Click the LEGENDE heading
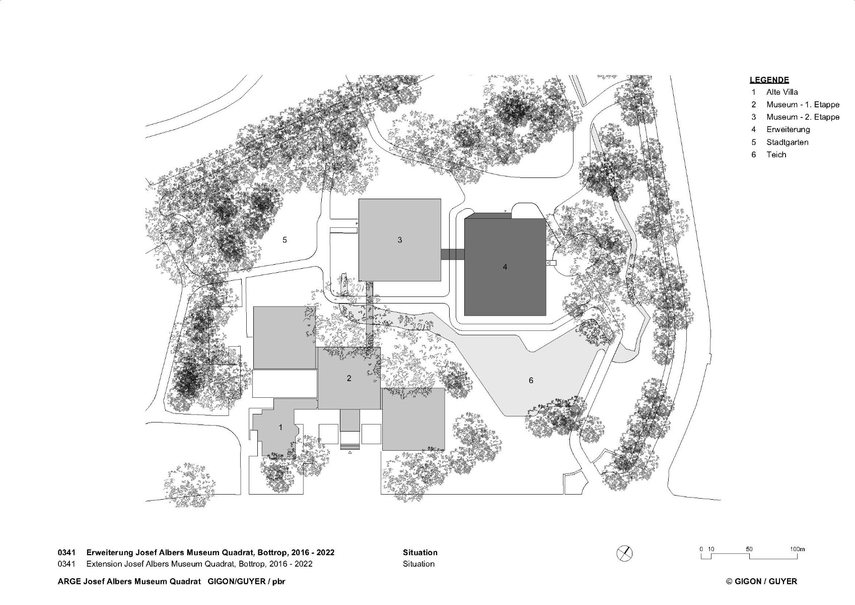click(x=769, y=80)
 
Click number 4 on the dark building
click(x=505, y=267)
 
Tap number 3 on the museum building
click(x=400, y=240)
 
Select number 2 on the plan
click(x=349, y=378)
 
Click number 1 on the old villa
click(x=281, y=428)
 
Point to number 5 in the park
click(x=284, y=240)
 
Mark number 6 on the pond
click(x=531, y=380)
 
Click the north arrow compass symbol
click(x=624, y=554)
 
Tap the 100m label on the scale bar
click(x=797, y=550)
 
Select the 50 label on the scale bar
click(x=749, y=550)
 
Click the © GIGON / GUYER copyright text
click(x=761, y=581)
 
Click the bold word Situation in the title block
click(x=420, y=552)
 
